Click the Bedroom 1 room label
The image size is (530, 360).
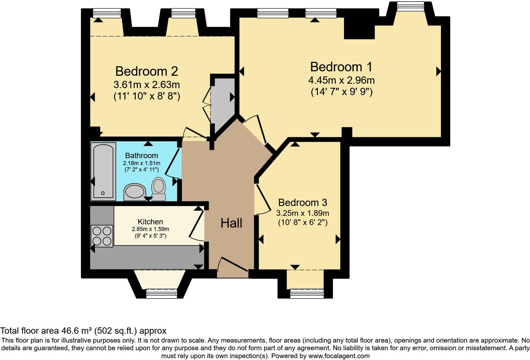[x=341, y=67]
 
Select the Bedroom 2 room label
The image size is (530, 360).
[x=146, y=71]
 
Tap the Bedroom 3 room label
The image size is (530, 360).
[x=302, y=202]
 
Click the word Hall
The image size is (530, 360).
[x=231, y=223]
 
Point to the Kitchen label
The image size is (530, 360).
[x=150, y=222]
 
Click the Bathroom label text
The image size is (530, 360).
[x=141, y=156]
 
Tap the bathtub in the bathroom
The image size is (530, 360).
[x=103, y=171]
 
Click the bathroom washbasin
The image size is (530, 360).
[x=135, y=192]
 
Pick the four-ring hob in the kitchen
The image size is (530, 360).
[x=102, y=236]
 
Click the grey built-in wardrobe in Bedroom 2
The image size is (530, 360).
[x=223, y=105]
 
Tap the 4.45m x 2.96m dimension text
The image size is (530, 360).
[x=341, y=80]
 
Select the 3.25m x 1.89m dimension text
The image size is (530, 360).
[x=302, y=213]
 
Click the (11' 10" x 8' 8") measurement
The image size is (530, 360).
[x=147, y=96]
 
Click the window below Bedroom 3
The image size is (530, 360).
[x=307, y=293]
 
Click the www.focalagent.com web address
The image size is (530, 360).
[x=339, y=356]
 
